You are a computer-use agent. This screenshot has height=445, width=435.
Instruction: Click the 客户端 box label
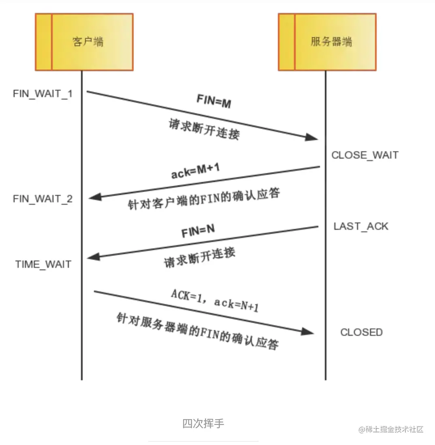coord(88,42)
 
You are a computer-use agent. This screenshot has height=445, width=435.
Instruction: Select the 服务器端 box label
coord(331,42)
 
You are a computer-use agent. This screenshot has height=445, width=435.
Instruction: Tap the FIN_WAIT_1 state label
coord(43,94)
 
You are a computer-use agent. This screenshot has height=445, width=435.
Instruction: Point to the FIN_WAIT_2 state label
coord(43,199)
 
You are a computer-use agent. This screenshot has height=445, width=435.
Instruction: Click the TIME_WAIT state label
coord(43,265)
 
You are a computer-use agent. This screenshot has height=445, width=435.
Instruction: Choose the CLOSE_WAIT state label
coord(365,155)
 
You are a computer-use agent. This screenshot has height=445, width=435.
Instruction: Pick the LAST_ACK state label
coord(360,226)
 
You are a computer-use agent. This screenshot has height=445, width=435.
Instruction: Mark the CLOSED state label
coord(361,333)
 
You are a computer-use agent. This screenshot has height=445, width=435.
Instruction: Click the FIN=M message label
coord(214,102)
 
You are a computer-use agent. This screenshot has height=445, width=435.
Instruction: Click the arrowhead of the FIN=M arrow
coord(311,137)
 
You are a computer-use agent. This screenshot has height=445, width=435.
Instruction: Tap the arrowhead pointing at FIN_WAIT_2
coord(94,197)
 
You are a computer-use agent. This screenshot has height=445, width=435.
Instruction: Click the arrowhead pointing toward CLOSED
coord(308,331)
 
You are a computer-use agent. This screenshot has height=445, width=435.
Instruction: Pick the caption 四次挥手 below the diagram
coord(203,424)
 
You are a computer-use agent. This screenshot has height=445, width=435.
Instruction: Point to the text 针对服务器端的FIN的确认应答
coord(197,331)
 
